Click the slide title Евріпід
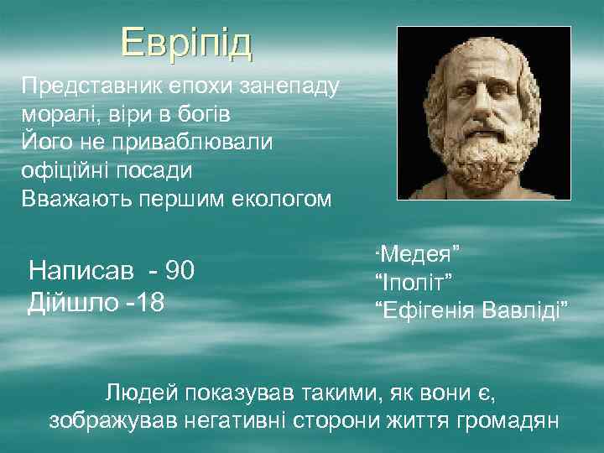tap(185, 43)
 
